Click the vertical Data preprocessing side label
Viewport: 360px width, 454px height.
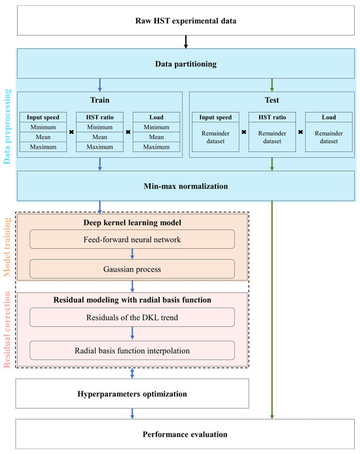[8, 121]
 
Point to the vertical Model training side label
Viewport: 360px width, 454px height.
[8, 250]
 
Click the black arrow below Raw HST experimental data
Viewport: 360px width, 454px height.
[187, 41]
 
